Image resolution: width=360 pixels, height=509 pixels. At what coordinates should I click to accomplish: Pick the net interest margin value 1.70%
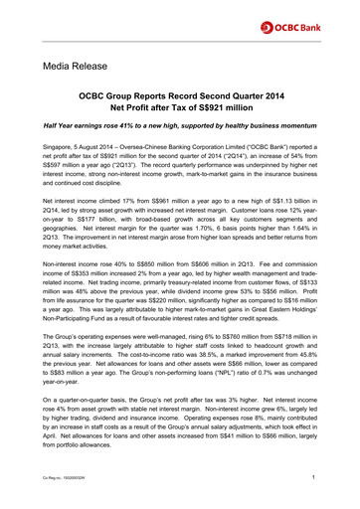[186, 256]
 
